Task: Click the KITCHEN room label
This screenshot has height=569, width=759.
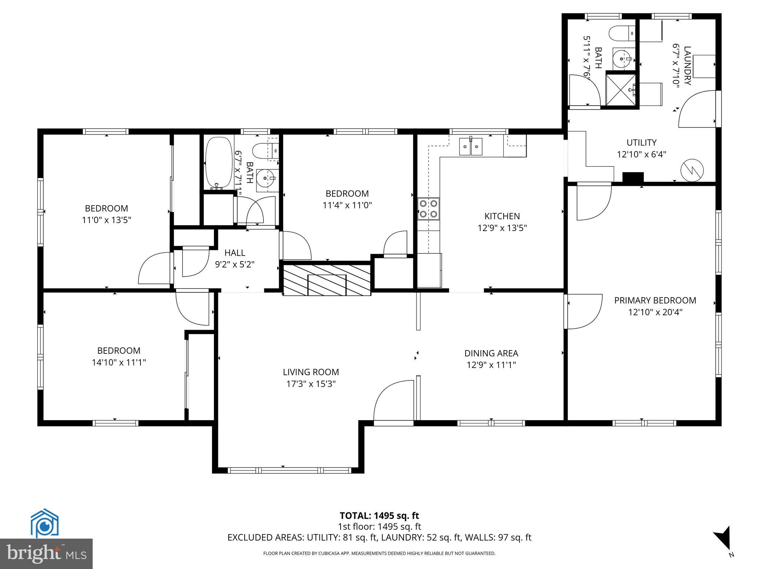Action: coord(502,216)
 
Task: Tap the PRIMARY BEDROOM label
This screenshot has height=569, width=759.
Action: coord(655,300)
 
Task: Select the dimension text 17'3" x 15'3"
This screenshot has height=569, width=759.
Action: coord(311,384)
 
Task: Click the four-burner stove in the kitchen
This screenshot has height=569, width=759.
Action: coord(428,209)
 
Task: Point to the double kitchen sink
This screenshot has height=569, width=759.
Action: coord(471,147)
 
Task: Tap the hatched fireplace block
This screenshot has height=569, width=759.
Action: coord(327,280)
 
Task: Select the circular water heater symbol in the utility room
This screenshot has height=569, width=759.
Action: coord(692,170)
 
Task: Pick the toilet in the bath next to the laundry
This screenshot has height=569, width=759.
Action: coord(622,33)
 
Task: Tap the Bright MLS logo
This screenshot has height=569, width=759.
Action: coord(46,554)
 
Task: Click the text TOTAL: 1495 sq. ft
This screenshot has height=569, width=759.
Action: coord(379,516)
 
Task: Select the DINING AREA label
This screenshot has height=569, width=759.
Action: coord(491,353)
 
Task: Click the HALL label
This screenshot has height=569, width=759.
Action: coord(235,253)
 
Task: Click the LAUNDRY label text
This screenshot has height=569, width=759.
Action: coord(687,66)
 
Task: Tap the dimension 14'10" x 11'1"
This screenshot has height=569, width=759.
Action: coord(119,362)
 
